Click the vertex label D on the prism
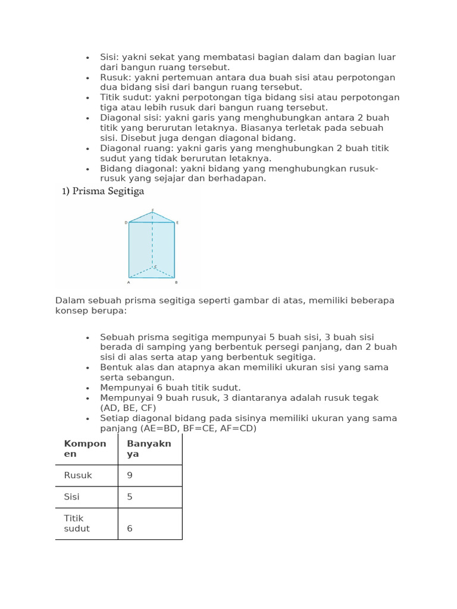(126, 222)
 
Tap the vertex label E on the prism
(177, 222)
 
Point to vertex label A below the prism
(129, 282)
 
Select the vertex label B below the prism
(176, 282)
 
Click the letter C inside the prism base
(155, 267)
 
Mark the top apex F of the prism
(152, 210)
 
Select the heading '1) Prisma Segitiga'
(103, 192)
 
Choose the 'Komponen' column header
(85, 448)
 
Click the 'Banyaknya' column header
(149, 448)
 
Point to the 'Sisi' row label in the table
(71, 497)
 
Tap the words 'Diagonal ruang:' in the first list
(133, 148)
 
